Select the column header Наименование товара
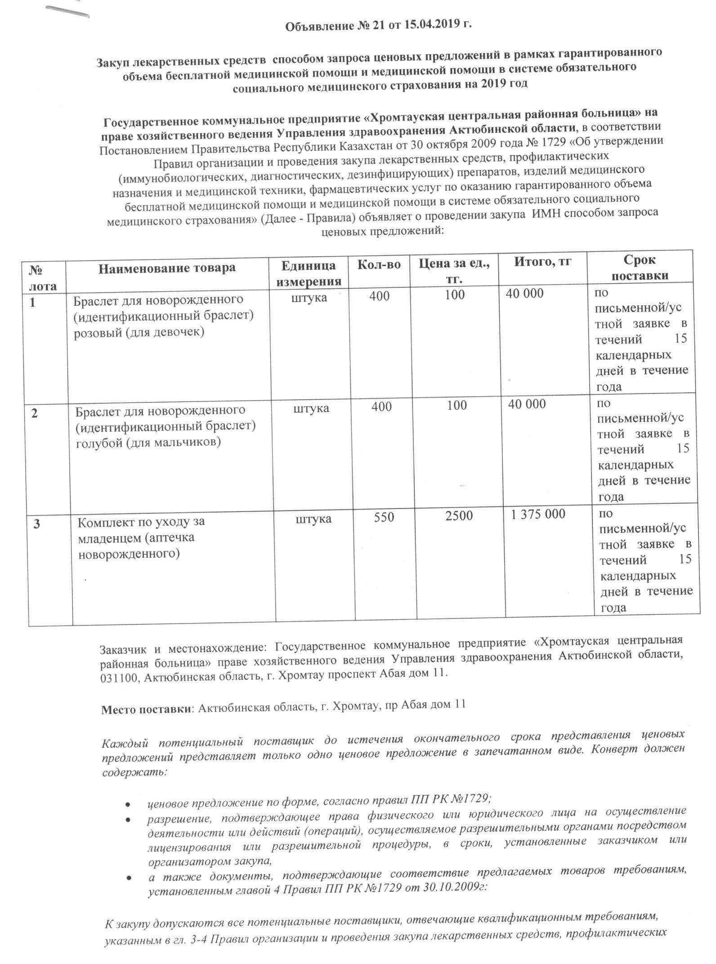[167, 268]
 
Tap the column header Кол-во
[379, 264]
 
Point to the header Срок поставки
[640, 268]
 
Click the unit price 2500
[459, 516]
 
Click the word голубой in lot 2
[99, 442]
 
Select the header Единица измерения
[309, 274]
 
